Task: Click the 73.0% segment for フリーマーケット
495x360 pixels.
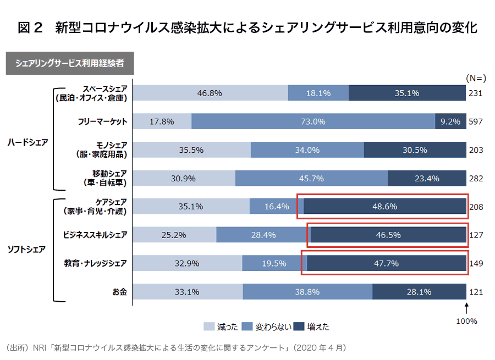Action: (313, 121)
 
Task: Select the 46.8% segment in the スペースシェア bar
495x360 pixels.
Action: (210, 93)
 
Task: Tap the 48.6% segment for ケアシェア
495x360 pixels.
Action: (385, 207)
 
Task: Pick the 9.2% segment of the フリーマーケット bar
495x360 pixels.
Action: (450, 121)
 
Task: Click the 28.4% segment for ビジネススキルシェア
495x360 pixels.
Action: (262, 235)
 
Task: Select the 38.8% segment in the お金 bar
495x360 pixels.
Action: (307, 292)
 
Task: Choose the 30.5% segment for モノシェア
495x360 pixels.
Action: (415, 149)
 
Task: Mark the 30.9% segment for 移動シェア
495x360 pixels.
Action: (184, 178)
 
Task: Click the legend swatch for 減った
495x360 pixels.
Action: (210, 326)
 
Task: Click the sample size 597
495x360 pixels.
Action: (475, 121)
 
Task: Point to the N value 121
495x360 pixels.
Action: (475, 292)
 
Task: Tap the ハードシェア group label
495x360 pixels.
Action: (28, 142)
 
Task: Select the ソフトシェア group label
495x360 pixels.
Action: (28, 249)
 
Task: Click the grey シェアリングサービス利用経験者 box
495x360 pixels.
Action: (70, 63)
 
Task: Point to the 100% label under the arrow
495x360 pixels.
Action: (466, 321)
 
